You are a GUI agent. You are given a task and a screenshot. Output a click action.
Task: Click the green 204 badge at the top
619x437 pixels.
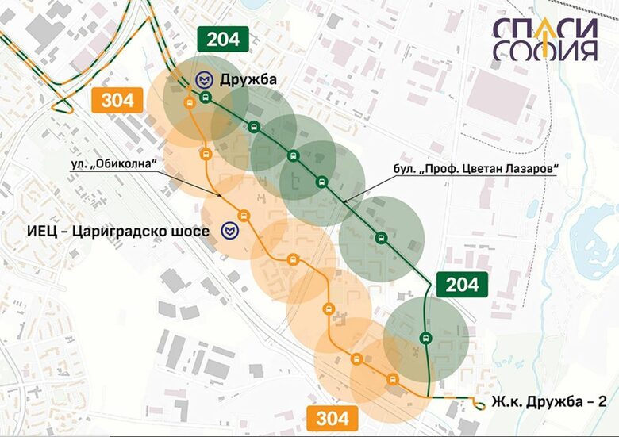(223, 39)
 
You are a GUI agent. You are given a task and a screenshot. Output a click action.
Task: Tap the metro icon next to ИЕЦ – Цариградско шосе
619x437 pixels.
(229, 231)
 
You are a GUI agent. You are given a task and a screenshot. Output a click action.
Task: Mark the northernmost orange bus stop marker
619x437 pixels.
(189, 103)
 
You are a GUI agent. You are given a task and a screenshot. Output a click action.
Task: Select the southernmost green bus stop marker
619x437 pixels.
(425, 339)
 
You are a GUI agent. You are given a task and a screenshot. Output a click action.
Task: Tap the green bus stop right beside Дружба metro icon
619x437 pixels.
(206, 98)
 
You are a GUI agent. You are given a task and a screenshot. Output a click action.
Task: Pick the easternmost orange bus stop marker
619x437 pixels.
(391, 378)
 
